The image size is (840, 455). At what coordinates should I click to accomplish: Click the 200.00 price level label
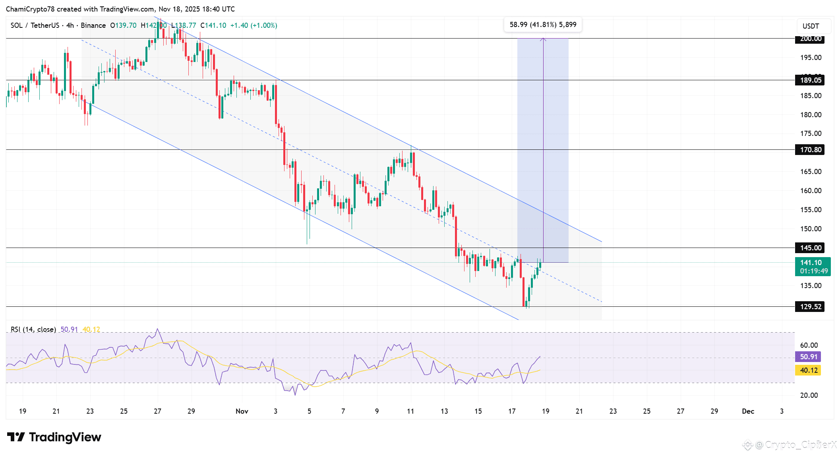[810, 39]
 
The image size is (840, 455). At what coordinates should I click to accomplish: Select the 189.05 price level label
[810, 80]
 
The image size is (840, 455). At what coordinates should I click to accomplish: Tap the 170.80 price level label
[810, 150]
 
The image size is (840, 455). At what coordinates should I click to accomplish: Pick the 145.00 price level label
[810, 248]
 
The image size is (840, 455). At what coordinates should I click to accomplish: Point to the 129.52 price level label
[810, 307]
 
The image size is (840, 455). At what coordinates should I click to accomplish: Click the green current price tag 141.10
[812, 266]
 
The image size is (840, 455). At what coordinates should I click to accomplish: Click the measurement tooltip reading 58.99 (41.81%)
[542, 25]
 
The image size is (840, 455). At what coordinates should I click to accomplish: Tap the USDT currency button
[811, 26]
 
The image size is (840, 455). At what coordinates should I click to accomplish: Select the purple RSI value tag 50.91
[808, 357]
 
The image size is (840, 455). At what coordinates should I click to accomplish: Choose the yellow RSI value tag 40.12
[808, 370]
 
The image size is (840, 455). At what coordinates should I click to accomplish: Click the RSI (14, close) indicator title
[33, 329]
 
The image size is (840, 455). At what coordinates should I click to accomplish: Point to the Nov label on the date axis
[242, 411]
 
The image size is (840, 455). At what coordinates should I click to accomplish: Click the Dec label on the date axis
[748, 411]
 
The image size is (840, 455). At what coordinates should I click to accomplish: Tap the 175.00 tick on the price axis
[811, 134]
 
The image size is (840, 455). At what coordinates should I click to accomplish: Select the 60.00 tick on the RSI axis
[809, 345]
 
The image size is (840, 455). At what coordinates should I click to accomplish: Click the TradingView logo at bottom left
[54, 437]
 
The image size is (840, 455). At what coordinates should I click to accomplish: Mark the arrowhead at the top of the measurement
[543, 39]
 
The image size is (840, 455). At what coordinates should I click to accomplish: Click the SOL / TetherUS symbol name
[35, 25]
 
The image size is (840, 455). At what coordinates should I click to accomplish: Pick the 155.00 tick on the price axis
[811, 210]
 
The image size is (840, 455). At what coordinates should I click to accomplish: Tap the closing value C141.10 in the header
[213, 25]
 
